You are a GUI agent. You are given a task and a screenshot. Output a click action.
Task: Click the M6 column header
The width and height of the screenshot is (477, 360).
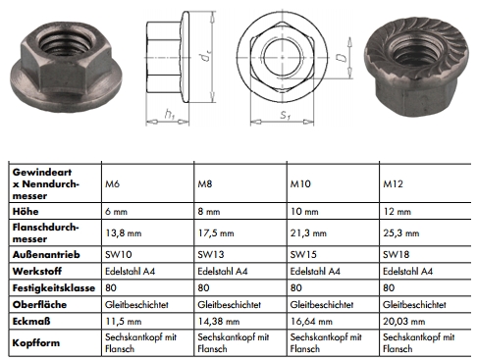(x=112, y=183)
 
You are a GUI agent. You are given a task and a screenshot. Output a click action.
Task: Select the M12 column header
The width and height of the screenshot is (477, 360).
(x=393, y=183)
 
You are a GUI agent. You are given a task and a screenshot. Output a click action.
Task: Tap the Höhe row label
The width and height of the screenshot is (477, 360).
(x=26, y=211)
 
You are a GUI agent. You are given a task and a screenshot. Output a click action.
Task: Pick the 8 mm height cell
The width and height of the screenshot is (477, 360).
(x=209, y=212)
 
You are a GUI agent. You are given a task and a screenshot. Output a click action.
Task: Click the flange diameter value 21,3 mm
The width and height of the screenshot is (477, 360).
(x=308, y=233)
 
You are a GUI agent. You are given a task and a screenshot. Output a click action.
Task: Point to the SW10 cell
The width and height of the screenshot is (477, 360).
(x=119, y=254)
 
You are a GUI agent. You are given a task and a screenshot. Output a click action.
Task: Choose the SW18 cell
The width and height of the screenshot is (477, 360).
(x=397, y=254)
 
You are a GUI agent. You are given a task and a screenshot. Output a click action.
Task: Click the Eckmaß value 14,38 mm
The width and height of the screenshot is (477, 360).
(x=219, y=322)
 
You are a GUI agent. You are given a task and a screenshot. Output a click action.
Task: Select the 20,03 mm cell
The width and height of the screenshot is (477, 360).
(x=404, y=322)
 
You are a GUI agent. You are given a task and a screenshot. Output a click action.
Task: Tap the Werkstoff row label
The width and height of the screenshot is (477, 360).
(x=37, y=271)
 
